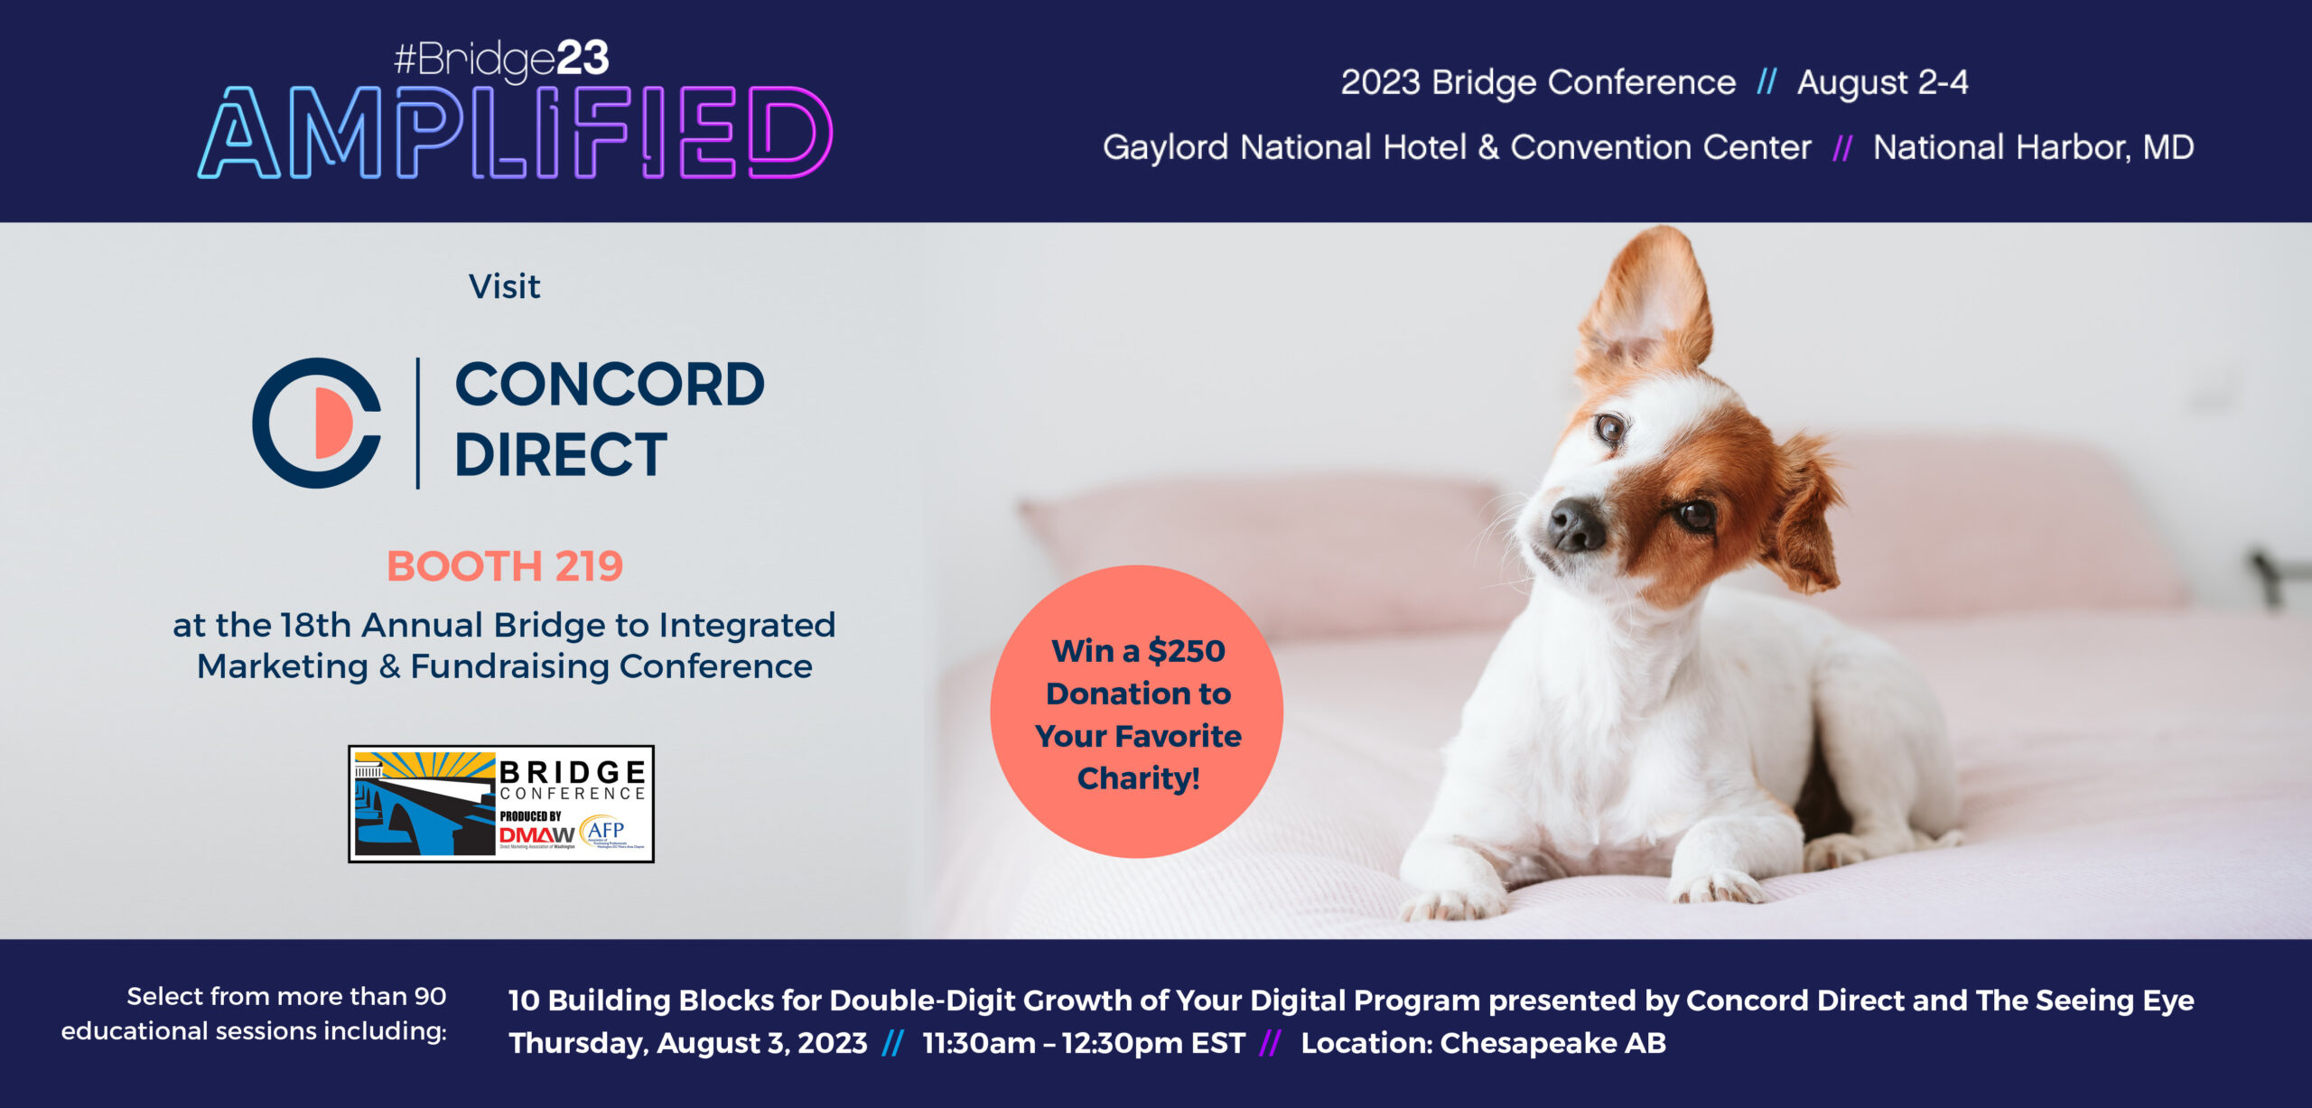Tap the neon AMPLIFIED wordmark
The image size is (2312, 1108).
coord(515,134)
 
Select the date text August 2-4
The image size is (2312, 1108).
coord(1882,83)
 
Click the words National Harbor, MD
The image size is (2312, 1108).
coord(2033,147)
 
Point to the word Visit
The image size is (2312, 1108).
coord(504,287)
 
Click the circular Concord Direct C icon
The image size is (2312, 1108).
coord(317,423)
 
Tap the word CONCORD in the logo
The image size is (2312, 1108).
coord(610,385)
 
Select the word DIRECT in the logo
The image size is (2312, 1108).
coord(560,454)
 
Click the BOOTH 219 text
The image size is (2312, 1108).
coord(504,566)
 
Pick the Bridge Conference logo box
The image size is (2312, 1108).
coord(501,804)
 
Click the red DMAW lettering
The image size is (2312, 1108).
coord(536,835)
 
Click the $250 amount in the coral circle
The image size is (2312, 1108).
coord(1186,651)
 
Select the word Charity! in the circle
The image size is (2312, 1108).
coord(1138,778)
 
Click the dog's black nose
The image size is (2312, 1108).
coord(1575,524)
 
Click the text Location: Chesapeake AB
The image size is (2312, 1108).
coord(1483,1043)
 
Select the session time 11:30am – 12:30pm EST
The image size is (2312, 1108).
coord(1083,1043)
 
